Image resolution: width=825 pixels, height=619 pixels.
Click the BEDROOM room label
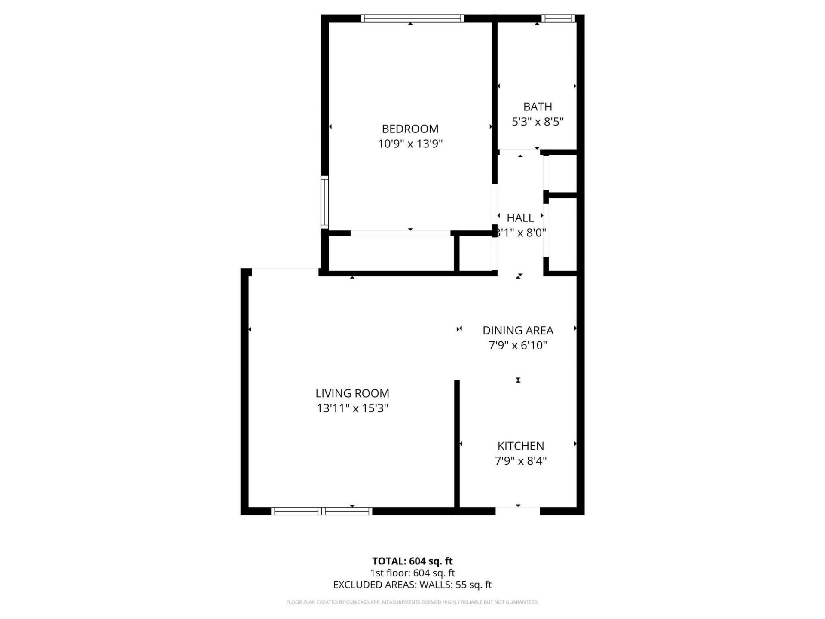410,129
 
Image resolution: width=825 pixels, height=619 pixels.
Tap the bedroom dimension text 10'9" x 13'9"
410,144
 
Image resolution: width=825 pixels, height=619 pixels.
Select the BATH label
537,107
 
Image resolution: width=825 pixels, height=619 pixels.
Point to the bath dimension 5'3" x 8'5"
537,122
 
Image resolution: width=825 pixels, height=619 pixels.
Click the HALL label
520,218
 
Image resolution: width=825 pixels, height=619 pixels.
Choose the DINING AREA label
518,330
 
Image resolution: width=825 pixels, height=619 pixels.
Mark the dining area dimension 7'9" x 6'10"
518,345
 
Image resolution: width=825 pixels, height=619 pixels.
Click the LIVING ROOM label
352,393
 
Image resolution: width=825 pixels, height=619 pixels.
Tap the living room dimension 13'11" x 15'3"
352,408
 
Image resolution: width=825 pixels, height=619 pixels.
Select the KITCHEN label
520,446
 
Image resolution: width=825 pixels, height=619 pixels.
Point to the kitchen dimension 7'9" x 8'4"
520,461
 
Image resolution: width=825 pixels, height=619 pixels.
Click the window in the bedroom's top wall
412,18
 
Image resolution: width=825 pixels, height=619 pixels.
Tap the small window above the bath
557,18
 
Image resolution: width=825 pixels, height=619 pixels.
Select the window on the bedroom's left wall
325,202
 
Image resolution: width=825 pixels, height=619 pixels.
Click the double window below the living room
321,511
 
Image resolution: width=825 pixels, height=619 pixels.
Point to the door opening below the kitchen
517,511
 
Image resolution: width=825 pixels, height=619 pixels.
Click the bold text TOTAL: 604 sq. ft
412,561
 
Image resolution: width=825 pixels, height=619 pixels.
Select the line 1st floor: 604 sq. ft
412,573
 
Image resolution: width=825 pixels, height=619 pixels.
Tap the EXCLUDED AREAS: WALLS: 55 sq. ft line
412,585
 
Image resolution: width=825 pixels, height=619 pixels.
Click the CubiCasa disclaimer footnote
412,602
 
